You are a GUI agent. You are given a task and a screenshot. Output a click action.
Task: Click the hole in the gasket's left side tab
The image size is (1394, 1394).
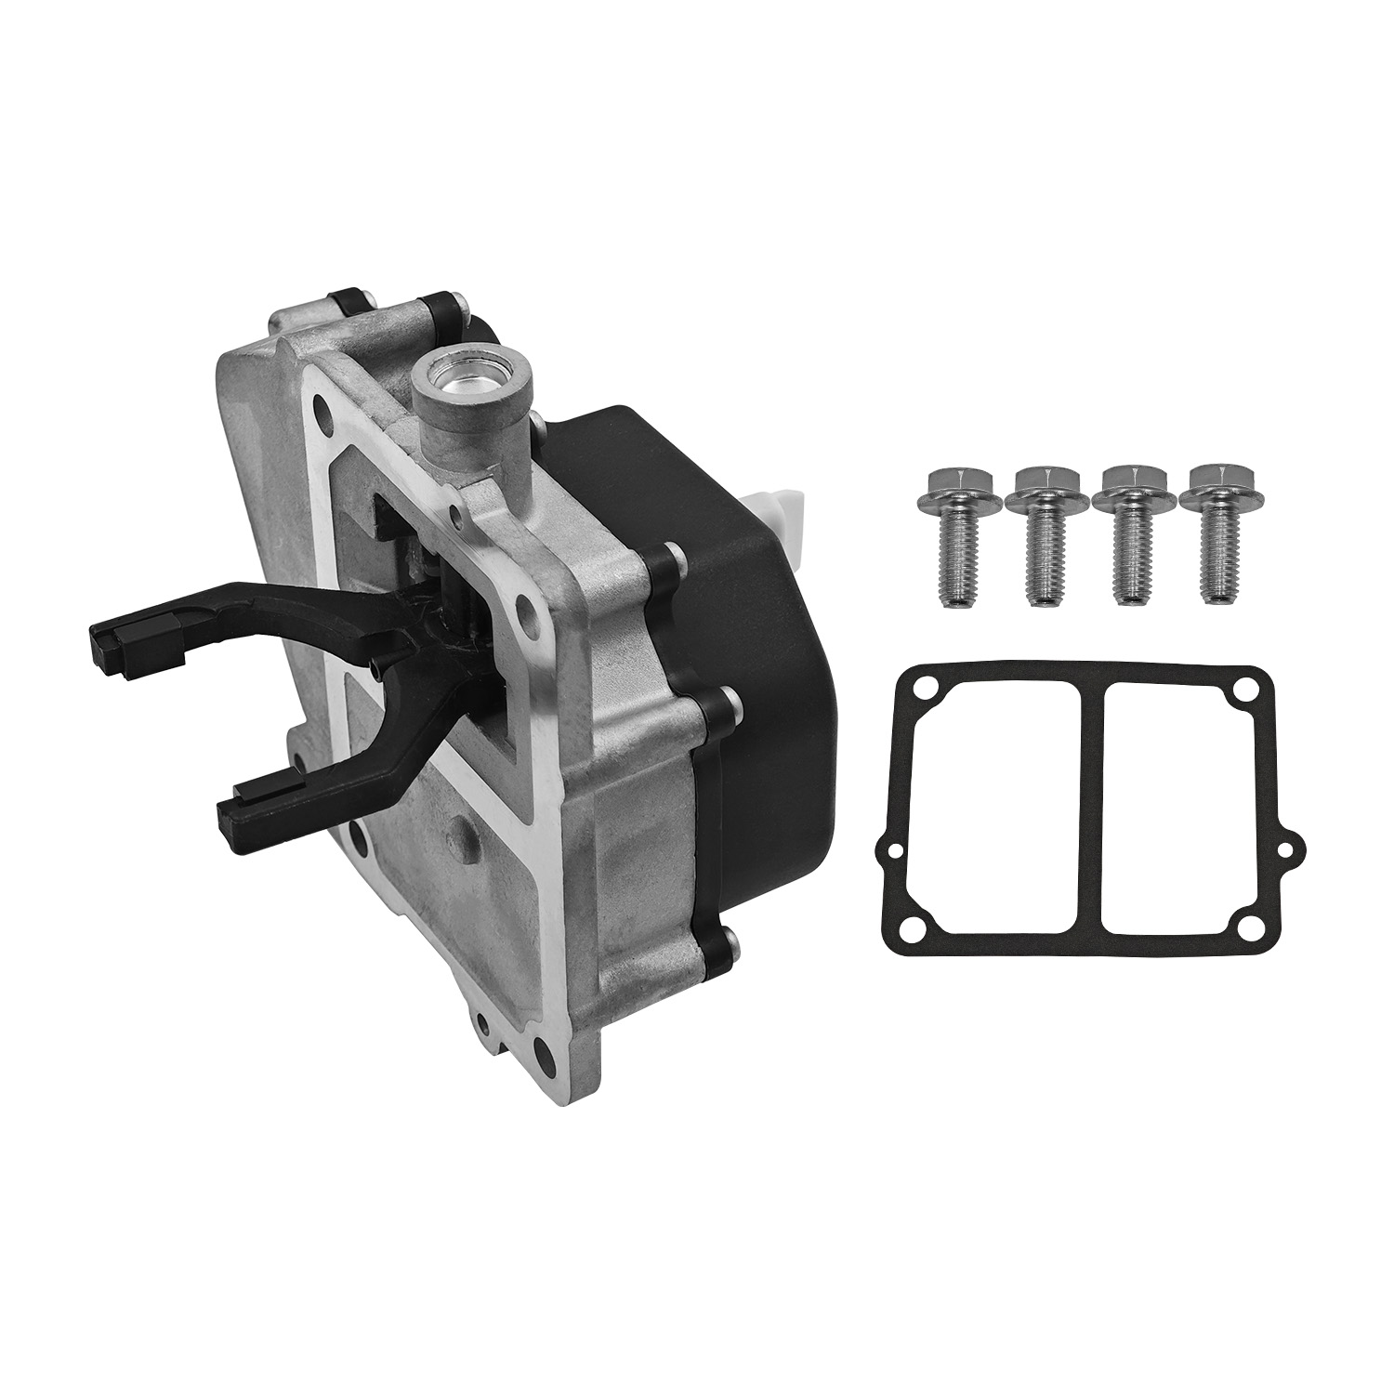(893, 849)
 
